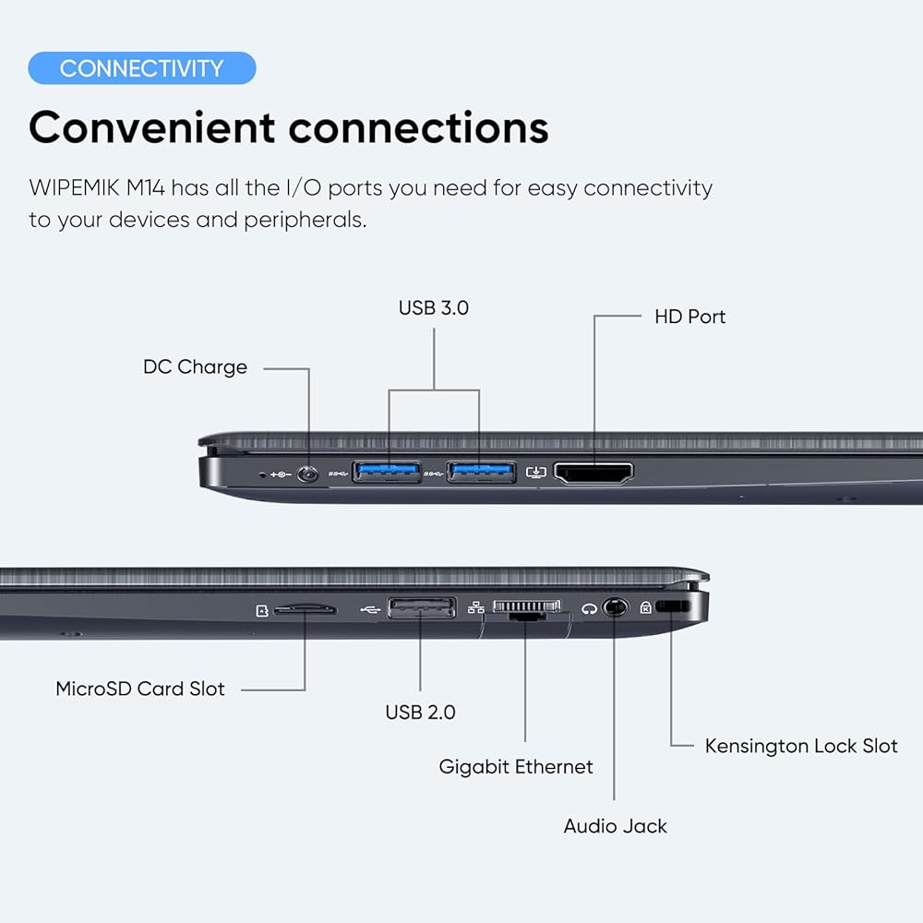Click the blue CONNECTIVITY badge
coord(142,68)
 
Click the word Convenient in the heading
coord(152,127)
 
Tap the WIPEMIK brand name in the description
coord(74,188)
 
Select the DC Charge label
coord(195,366)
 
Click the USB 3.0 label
coord(434,308)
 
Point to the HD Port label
coord(689,317)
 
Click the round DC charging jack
coord(307,473)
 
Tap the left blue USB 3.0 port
coord(387,472)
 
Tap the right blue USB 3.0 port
coord(482,472)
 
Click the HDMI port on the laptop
coord(593,473)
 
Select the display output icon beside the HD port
coord(535,472)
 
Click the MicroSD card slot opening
coord(305,609)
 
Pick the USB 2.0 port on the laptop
coord(422,608)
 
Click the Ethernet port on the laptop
coord(527,608)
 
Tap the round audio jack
coord(615,607)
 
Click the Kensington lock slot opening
coord(672,606)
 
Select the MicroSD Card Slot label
coord(140,689)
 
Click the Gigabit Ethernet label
coord(516,767)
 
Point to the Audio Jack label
coord(615,826)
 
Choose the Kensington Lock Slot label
coord(801,746)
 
